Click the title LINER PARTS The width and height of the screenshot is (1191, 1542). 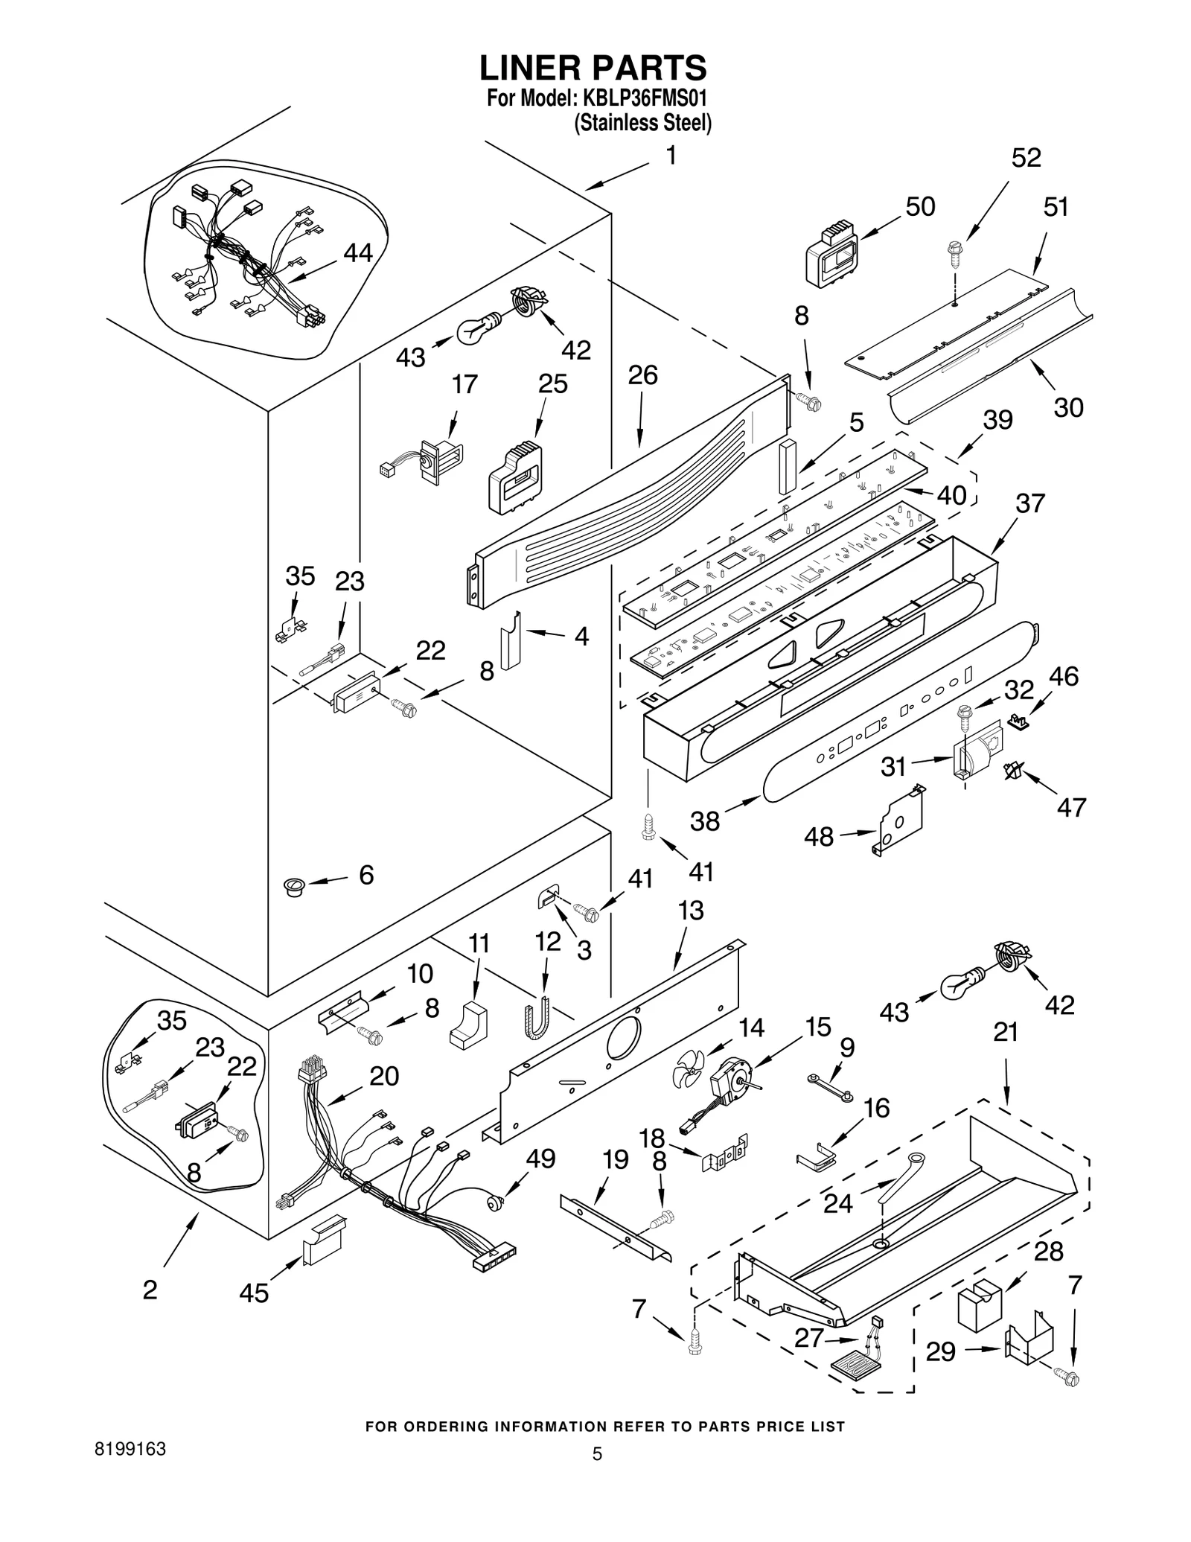pos(593,68)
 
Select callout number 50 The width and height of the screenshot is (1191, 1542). pos(920,206)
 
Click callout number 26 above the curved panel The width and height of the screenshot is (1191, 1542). pos(642,375)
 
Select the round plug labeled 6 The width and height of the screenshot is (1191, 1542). pos(295,886)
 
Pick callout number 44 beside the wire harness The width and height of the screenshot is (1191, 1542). pos(357,254)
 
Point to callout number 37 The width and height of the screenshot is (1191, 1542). pos(1030,503)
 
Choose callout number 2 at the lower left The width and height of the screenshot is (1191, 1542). pos(150,1290)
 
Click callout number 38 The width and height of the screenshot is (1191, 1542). pos(704,821)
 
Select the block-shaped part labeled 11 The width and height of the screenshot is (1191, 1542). pos(467,1026)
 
